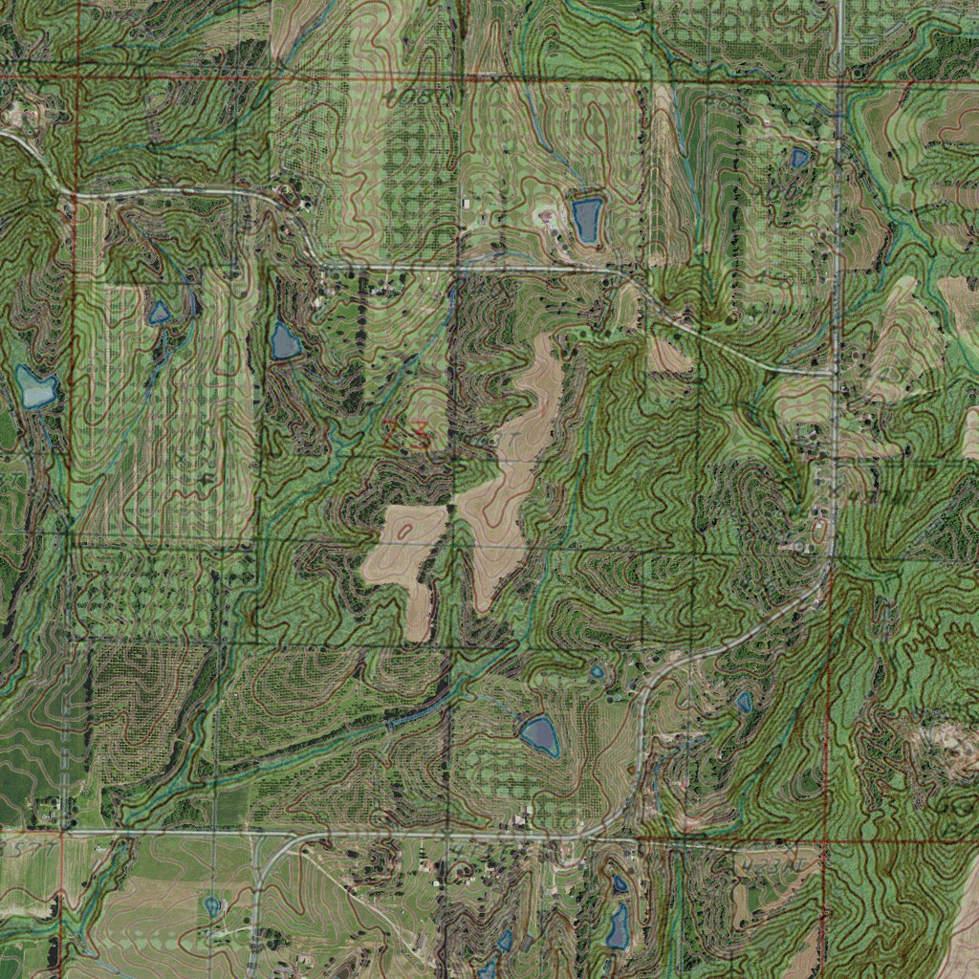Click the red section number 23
click(406, 435)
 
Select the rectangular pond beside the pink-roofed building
click(585, 219)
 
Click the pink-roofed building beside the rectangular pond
click(546, 217)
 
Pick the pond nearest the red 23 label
click(284, 341)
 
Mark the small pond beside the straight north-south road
click(799, 158)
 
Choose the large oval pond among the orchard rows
click(539, 734)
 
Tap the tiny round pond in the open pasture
click(211, 903)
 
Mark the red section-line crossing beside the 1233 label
click(828, 844)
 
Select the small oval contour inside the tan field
click(405, 529)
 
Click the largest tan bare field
click(507, 478)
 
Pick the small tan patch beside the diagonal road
click(669, 356)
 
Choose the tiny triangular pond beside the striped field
click(159, 313)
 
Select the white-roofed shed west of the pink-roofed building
click(467, 204)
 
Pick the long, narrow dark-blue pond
click(618, 925)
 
